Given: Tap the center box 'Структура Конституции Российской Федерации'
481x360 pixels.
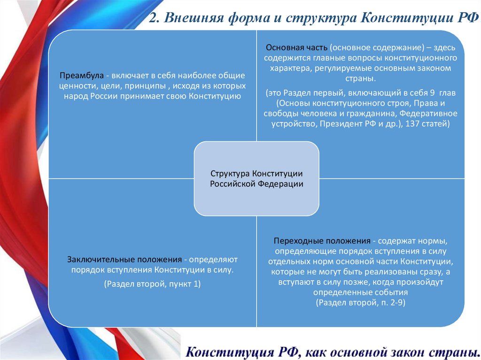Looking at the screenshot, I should tap(256, 178).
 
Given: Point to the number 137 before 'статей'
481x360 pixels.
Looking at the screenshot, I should tap(414, 124).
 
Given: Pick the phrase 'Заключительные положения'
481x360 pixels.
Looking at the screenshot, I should tap(124, 259).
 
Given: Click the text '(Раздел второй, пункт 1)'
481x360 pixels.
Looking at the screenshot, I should tap(153, 283).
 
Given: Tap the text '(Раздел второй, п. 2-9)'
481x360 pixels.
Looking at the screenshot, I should tap(360, 302).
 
